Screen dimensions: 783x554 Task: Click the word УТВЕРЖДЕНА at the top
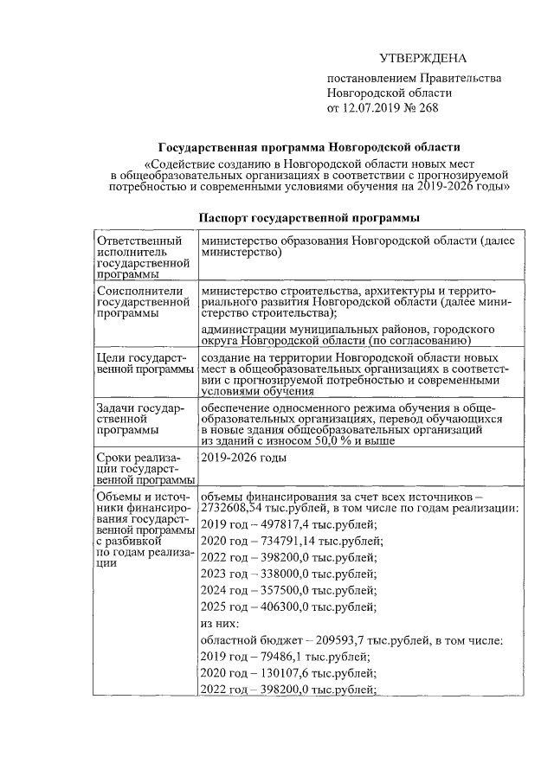pyautogui.click(x=423, y=59)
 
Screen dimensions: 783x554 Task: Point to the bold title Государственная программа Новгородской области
pyautogui.click(x=309, y=148)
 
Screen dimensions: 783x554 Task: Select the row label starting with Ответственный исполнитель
pyautogui.click(x=143, y=257)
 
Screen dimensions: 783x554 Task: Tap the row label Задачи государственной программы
pyautogui.click(x=139, y=418)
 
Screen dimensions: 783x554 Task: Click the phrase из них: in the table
pyautogui.click(x=219, y=624)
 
